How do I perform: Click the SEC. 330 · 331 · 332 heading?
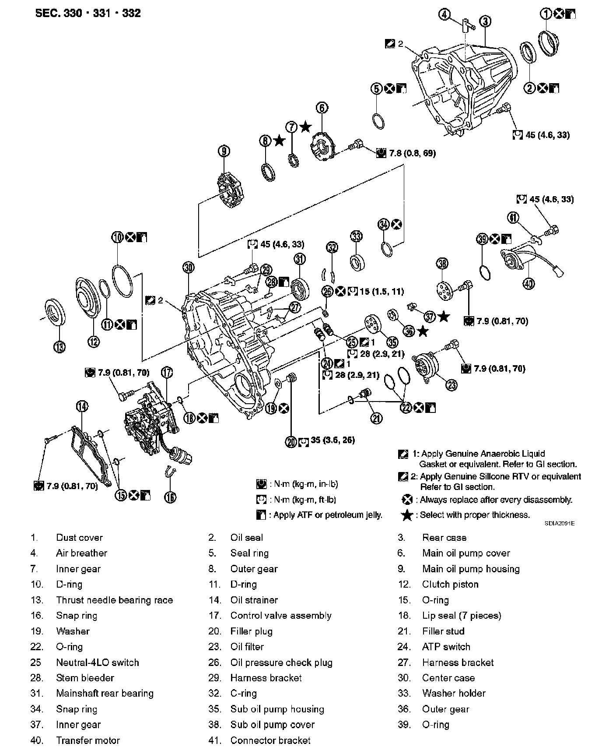pyautogui.click(x=88, y=13)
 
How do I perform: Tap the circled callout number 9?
pyautogui.click(x=224, y=152)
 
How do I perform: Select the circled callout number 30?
pyautogui.click(x=189, y=268)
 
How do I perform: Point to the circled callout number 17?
pyautogui.click(x=167, y=373)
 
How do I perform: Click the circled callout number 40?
pyautogui.click(x=529, y=284)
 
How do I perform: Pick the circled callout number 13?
pyautogui.click(x=59, y=347)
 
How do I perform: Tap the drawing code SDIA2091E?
pyautogui.click(x=560, y=523)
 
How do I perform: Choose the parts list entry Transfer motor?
pyautogui.click(x=87, y=740)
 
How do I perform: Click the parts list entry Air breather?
pyautogui.click(x=81, y=553)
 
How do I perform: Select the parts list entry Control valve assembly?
pyautogui.click(x=281, y=616)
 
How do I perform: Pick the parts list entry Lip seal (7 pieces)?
pyautogui.click(x=462, y=616)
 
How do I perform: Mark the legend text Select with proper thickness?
pyautogui.click(x=475, y=515)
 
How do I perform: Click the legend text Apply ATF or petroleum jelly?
pyautogui.click(x=328, y=515)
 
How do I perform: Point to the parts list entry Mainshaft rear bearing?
pyautogui.click(x=105, y=694)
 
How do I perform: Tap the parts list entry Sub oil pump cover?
pyautogui.click(x=272, y=725)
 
